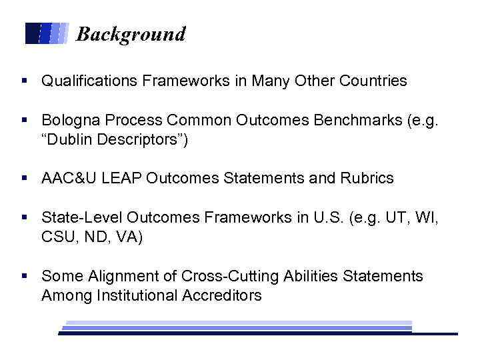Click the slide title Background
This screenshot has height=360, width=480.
point(131,34)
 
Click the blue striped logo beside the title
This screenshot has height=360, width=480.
point(47,33)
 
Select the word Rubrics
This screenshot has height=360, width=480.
point(369,179)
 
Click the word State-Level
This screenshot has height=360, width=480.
point(79,217)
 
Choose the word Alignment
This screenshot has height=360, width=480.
point(117,276)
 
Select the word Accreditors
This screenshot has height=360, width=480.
point(222,295)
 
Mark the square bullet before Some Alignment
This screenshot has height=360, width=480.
point(24,276)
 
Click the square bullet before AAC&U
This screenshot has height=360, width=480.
point(24,179)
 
